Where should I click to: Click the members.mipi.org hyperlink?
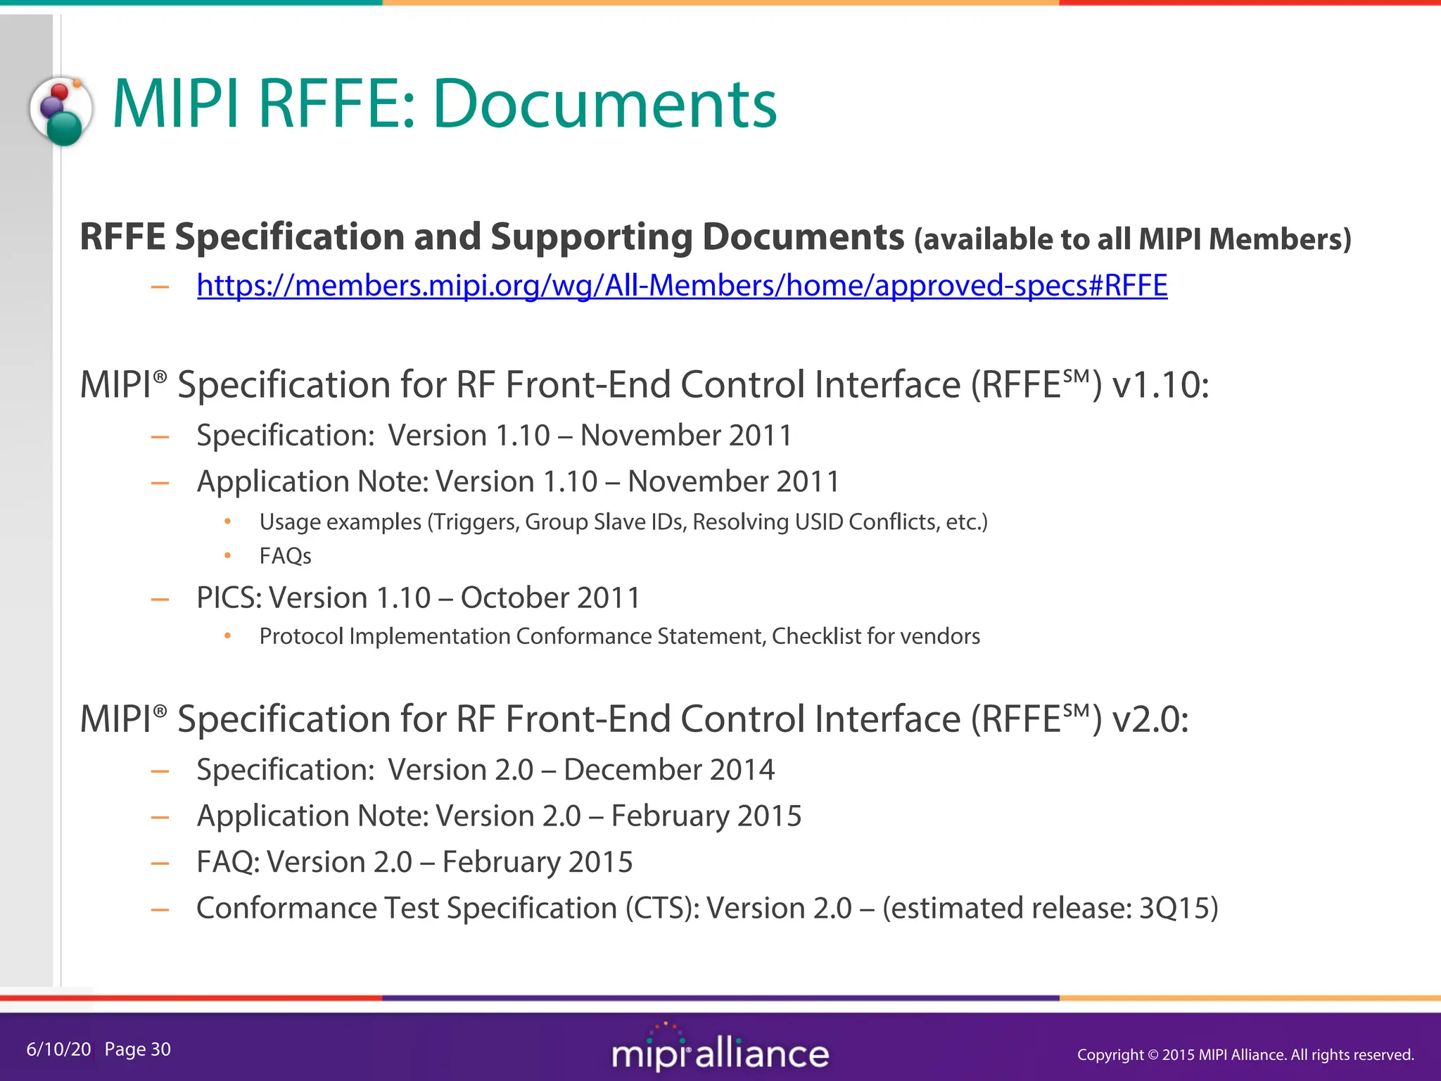(x=682, y=285)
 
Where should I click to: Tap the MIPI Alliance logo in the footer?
(x=720, y=1051)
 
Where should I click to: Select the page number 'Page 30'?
(x=137, y=1049)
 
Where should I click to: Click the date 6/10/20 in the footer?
(x=58, y=1049)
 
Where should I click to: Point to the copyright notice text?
(x=1245, y=1054)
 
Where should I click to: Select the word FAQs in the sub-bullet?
(x=285, y=556)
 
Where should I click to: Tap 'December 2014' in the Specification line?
(x=668, y=770)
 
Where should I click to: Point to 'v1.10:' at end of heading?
(x=1160, y=385)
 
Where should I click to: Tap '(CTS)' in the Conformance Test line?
(x=662, y=908)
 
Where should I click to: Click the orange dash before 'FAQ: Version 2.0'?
(x=160, y=863)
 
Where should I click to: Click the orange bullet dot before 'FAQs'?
(x=227, y=556)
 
